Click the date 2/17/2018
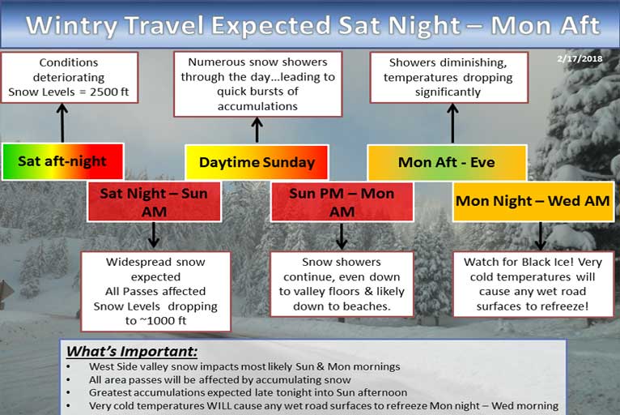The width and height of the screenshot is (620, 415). coord(580,59)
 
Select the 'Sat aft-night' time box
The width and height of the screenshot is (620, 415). coord(63,161)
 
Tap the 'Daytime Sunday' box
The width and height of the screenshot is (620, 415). coord(257,162)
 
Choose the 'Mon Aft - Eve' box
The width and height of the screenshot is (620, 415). coord(447,162)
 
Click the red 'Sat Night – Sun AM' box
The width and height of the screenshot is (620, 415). coord(155,202)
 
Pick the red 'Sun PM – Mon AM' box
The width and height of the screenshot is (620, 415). coord(342,202)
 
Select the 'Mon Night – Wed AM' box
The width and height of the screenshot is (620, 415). coord(533,201)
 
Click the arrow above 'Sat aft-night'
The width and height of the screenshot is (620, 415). coord(62,122)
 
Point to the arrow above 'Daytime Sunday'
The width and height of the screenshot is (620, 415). coord(257,130)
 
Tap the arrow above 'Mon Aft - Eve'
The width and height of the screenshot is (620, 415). coord(452,123)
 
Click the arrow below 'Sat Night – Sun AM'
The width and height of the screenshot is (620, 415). coord(154,235)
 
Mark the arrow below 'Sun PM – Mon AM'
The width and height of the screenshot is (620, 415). coord(342,236)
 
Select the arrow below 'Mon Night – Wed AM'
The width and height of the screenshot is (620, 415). coord(541,236)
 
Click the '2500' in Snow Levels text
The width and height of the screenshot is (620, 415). coord(104,92)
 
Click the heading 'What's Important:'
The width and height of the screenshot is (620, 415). coord(132,352)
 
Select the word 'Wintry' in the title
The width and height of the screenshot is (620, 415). coord(71,25)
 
